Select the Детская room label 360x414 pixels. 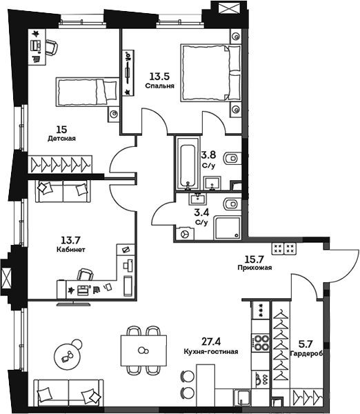pos(61,138)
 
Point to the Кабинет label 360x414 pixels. pos(71,250)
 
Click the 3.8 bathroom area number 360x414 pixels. pos(208,155)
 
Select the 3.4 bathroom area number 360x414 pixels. pos(202,213)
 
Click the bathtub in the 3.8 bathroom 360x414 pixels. pos(186,165)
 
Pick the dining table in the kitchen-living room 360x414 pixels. pos(143,351)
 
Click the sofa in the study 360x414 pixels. pos(63,188)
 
